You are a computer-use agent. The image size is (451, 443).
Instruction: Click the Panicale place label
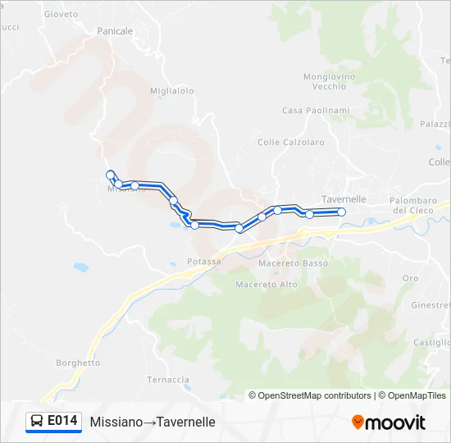click(115, 30)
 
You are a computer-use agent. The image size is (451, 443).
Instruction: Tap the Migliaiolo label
click(172, 91)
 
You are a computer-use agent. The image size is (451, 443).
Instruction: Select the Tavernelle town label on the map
click(344, 199)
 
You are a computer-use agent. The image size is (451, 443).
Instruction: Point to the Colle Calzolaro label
click(291, 142)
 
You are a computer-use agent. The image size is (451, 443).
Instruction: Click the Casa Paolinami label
click(316, 111)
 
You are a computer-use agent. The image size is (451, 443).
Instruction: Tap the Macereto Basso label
click(293, 263)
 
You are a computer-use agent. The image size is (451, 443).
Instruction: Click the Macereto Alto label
click(266, 285)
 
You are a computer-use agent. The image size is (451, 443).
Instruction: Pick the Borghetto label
click(78, 363)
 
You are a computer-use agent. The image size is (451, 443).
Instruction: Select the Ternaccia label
click(168, 380)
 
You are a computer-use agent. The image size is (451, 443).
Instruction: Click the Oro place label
click(410, 279)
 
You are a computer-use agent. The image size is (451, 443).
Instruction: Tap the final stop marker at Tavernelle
click(342, 212)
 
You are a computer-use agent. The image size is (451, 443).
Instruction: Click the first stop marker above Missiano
click(110, 174)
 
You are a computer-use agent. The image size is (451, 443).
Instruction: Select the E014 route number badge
click(63, 421)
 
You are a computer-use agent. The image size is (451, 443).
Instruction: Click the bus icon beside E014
click(37, 422)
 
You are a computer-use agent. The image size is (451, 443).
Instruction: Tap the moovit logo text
click(397, 422)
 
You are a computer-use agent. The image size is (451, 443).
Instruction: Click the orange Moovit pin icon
click(358, 422)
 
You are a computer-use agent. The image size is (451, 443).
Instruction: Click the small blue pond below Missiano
click(80, 267)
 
